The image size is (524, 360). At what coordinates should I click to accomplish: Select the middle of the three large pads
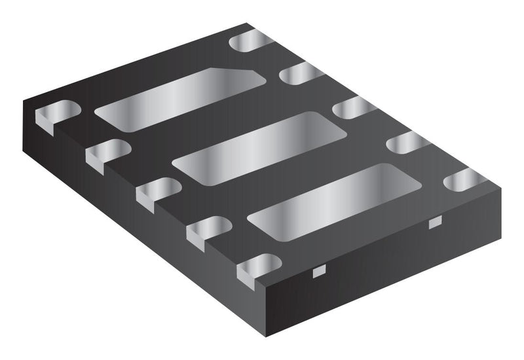(259, 147)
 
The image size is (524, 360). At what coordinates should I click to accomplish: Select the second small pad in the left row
(108, 152)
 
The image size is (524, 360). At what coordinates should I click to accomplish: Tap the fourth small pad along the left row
(208, 230)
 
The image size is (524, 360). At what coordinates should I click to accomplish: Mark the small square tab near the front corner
(319, 272)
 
